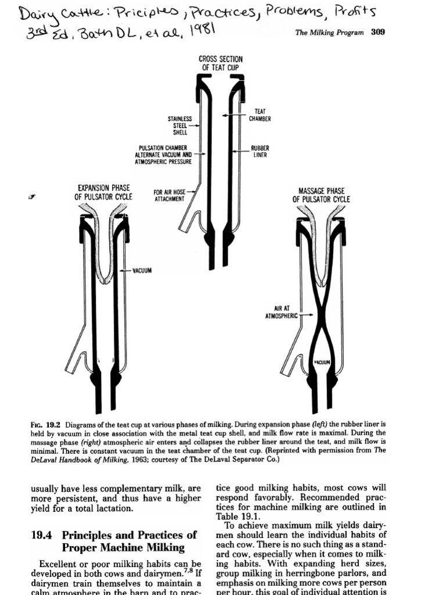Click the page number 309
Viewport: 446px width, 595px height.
pyautogui.click(x=377, y=33)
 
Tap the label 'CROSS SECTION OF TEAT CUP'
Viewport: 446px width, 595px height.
pyautogui.click(x=221, y=63)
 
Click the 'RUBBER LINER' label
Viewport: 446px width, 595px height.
pyautogui.click(x=260, y=152)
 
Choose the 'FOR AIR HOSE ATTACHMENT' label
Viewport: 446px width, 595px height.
pyautogui.click(x=169, y=196)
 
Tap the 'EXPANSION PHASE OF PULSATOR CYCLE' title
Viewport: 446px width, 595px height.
pyautogui.click(x=103, y=192)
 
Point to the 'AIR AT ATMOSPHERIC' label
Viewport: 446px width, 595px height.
pyautogui.click(x=281, y=312)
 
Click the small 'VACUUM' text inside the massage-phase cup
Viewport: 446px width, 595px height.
pyautogui.click(x=322, y=362)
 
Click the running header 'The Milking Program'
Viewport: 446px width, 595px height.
pyautogui.click(x=329, y=33)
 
